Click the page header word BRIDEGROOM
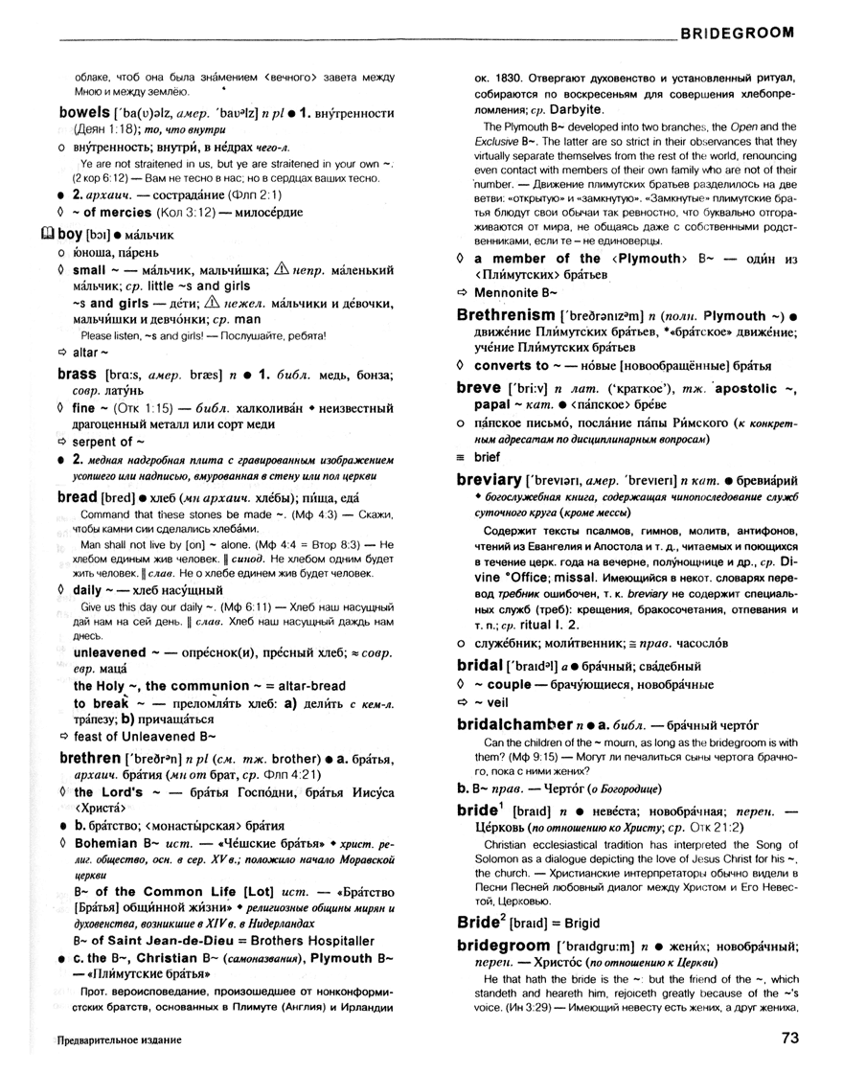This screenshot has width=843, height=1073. (x=738, y=32)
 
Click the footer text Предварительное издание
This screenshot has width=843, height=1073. (x=119, y=1039)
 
